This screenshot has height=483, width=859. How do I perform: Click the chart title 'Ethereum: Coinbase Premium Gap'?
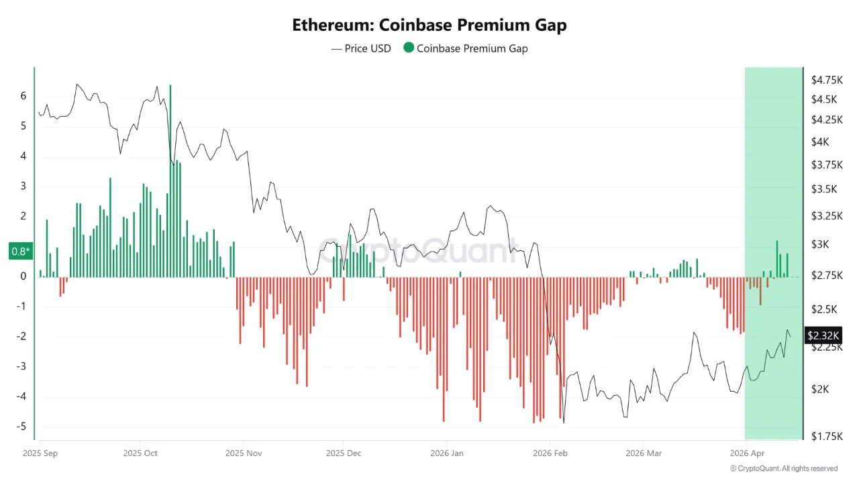[429, 25]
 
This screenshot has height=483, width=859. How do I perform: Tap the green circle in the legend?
[408, 48]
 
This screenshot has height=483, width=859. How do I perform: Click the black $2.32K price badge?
[823, 335]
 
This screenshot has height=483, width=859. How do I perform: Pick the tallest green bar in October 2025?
[170, 181]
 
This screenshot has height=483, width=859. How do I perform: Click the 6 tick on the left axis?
[23, 96]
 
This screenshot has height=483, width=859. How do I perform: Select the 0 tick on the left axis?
[23, 276]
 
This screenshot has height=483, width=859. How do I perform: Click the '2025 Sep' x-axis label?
[41, 453]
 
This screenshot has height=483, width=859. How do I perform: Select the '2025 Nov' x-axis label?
[244, 453]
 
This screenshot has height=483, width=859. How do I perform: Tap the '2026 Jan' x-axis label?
[447, 453]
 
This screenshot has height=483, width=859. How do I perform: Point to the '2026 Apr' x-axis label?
[747, 453]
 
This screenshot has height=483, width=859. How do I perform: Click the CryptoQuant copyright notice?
[784, 468]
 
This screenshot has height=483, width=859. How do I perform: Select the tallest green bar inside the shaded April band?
[777, 259]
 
